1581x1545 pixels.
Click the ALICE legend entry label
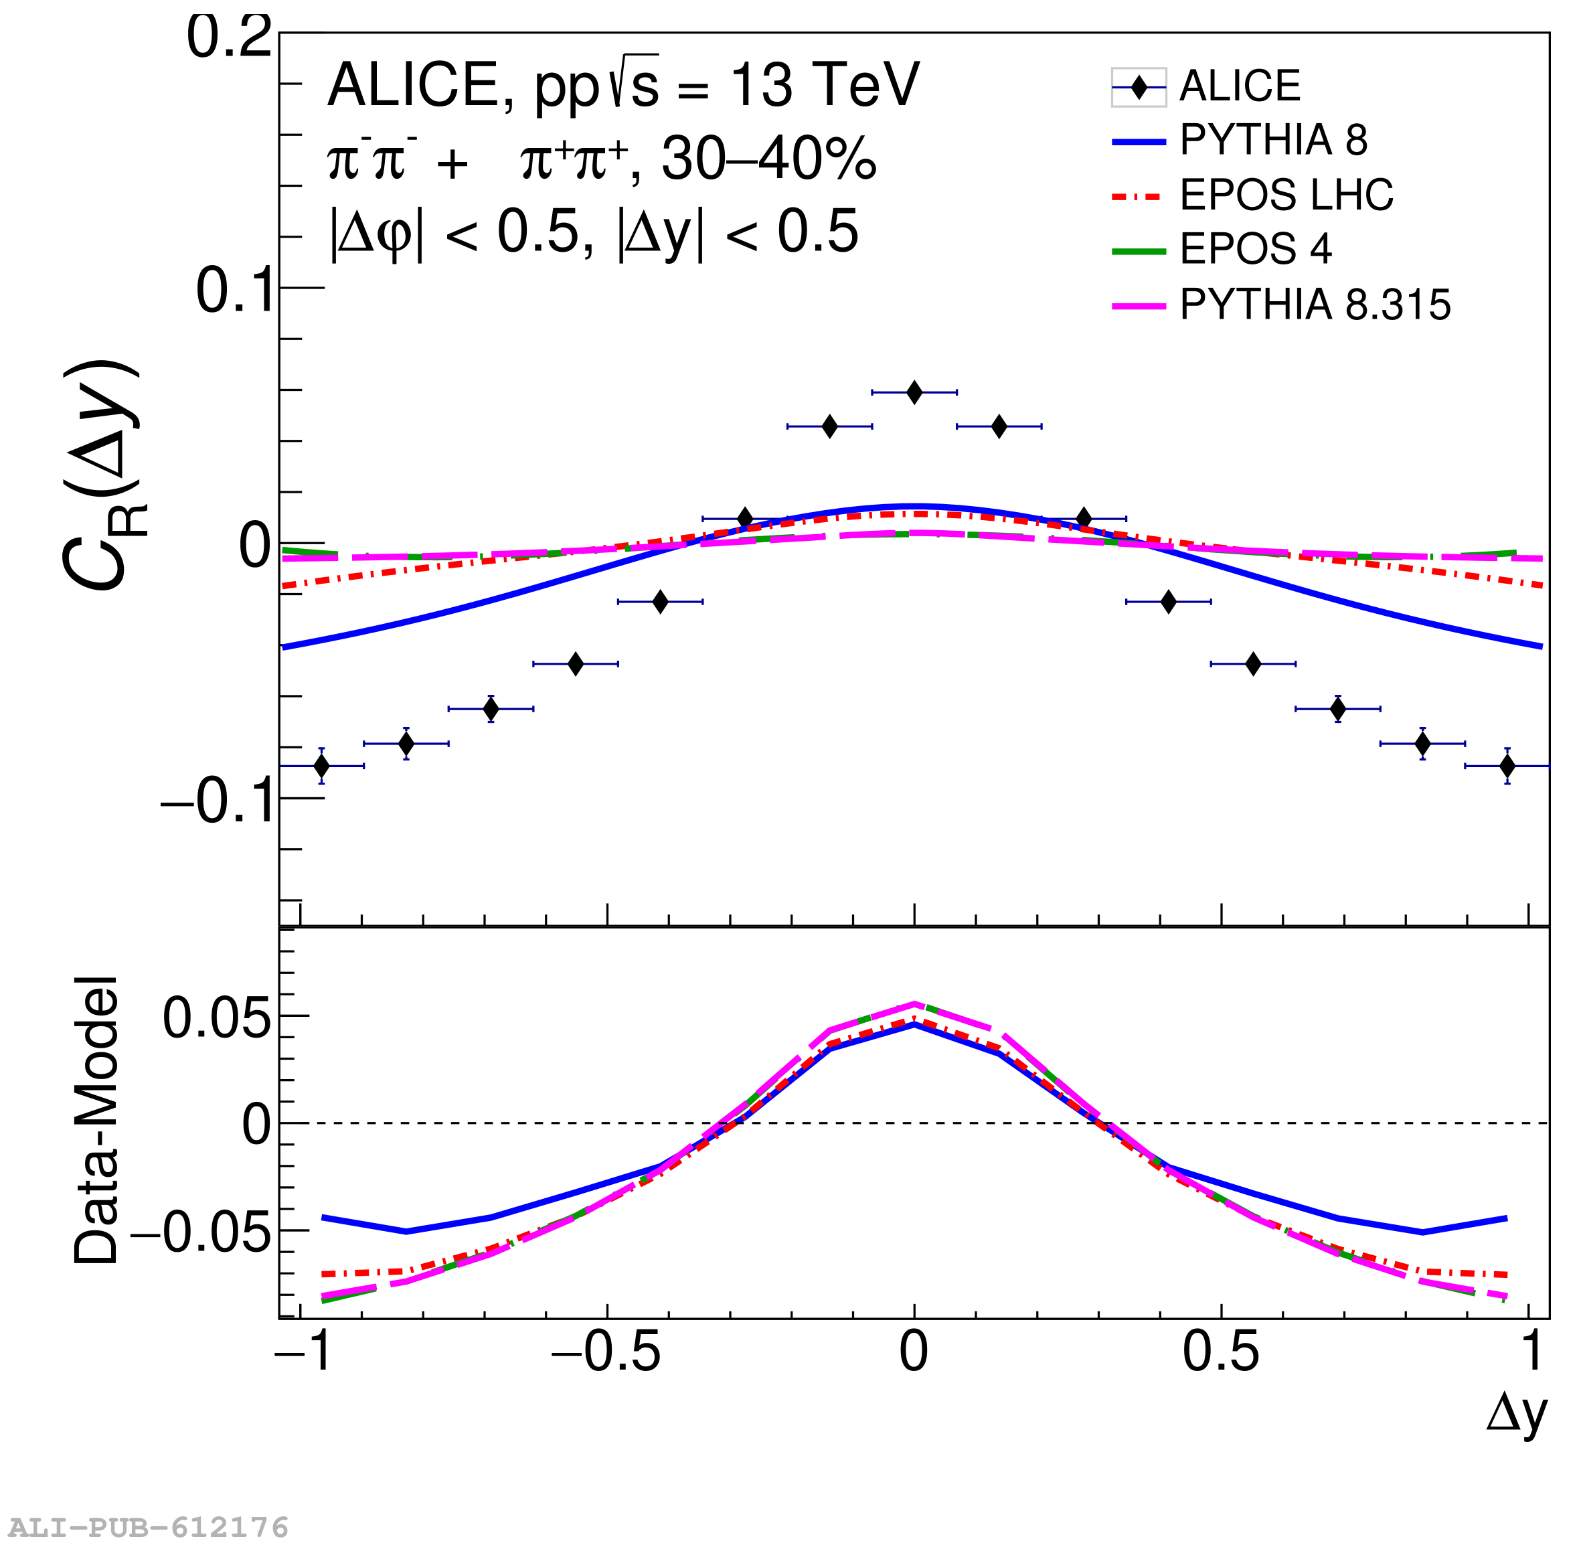(x=1239, y=86)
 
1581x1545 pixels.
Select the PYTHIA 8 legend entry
(x=1272, y=141)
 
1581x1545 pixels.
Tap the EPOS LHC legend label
(x=1286, y=195)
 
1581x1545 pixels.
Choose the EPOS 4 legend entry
(x=1255, y=249)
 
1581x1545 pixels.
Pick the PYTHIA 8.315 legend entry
(x=1314, y=305)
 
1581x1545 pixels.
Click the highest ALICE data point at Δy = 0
(x=914, y=393)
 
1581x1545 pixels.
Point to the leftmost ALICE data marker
(x=322, y=766)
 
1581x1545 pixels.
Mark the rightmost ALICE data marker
(x=1507, y=766)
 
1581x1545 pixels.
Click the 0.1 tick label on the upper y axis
(x=234, y=291)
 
